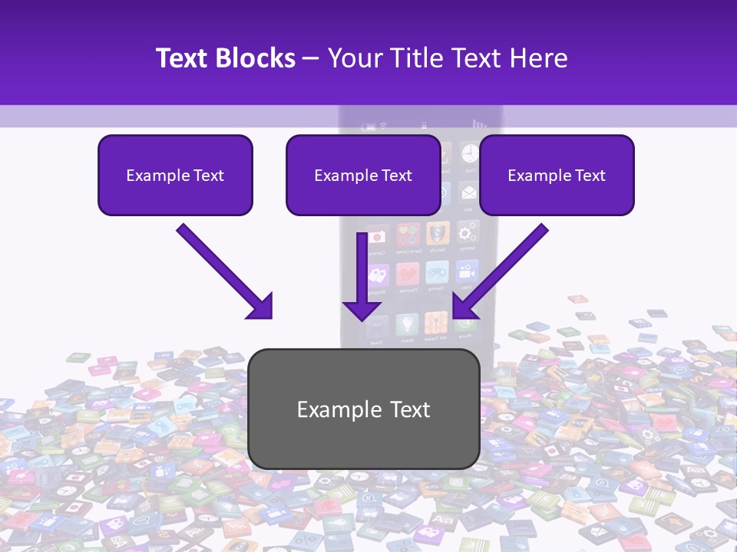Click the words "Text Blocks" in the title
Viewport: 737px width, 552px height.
tap(225, 58)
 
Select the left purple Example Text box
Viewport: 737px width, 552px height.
tap(175, 175)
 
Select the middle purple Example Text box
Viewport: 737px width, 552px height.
tap(363, 175)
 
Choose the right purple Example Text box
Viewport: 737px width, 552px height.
tap(557, 175)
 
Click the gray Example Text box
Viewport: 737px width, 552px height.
tap(364, 409)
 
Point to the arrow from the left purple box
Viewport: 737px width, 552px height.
tap(226, 271)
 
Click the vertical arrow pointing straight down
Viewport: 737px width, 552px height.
tap(362, 276)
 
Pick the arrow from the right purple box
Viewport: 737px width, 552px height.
tap(500, 271)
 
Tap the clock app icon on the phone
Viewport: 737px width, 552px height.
tap(469, 153)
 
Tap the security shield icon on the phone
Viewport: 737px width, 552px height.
tap(438, 232)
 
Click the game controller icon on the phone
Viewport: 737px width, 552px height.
tap(436, 273)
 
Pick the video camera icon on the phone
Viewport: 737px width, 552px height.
tap(465, 272)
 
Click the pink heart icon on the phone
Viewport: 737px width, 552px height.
tap(407, 274)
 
